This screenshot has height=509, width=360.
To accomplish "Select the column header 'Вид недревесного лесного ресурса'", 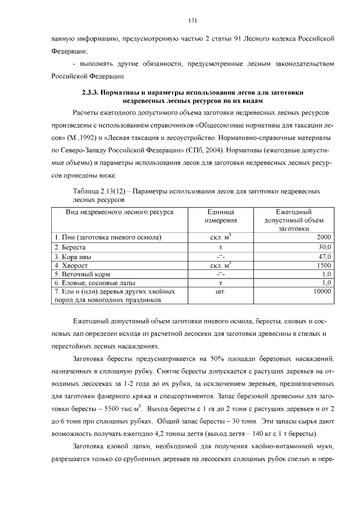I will tap(119, 212).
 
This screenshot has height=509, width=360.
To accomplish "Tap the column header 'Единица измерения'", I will tap(217, 217).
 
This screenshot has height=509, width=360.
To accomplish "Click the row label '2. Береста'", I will tap(70, 247).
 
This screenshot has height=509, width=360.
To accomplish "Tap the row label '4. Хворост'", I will tap(71, 265).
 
